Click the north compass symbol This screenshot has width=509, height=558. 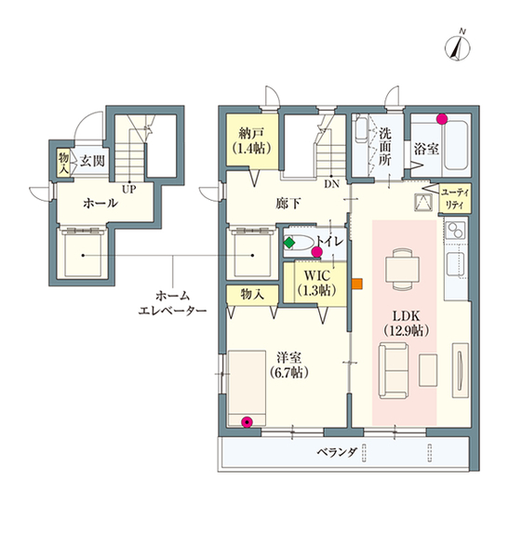(x=458, y=47)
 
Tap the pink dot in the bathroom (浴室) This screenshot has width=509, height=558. (x=442, y=119)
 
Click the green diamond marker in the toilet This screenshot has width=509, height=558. (x=289, y=243)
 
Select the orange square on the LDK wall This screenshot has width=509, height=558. (x=357, y=284)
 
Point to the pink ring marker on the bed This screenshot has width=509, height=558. (x=247, y=422)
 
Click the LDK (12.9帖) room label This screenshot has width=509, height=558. (x=406, y=323)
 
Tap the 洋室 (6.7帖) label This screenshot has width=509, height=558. (x=288, y=365)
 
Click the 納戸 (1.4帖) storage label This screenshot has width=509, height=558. (x=251, y=140)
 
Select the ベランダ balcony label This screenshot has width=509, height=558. (x=337, y=452)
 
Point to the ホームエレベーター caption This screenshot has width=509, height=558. (x=172, y=303)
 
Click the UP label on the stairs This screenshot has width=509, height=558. (x=129, y=189)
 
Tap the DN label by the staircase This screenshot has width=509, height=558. (x=331, y=184)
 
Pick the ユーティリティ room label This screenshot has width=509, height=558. (x=455, y=199)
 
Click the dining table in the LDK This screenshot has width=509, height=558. (x=402, y=269)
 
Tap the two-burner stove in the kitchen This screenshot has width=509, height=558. (x=456, y=230)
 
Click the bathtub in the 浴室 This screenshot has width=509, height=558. (x=456, y=146)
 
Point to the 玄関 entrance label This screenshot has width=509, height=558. (x=92, y=161)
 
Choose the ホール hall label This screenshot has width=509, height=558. (x=100, y=203)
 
